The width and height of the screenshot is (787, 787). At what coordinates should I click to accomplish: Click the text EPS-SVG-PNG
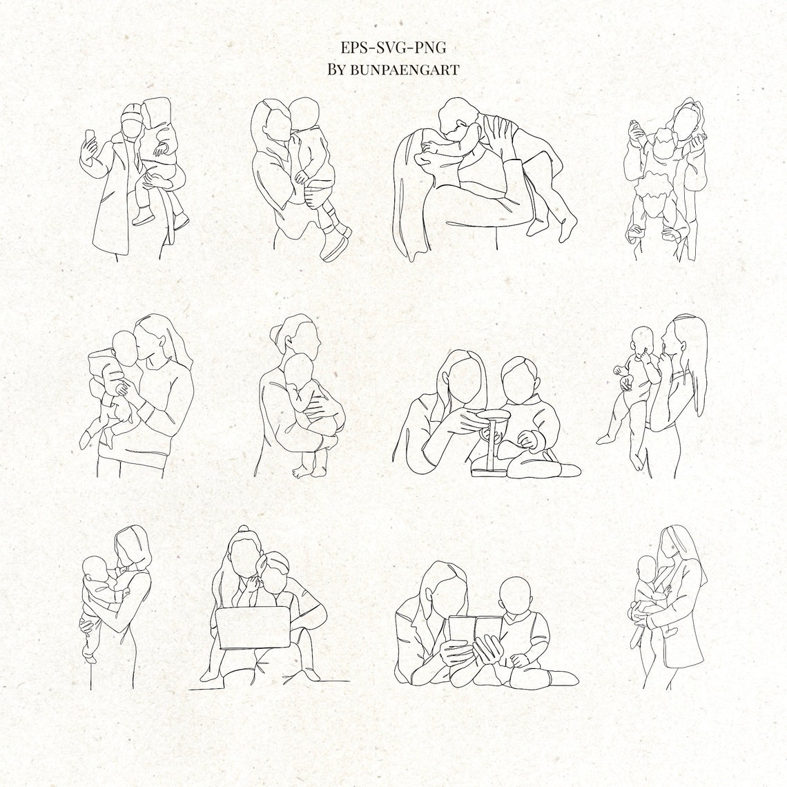pos(393,47)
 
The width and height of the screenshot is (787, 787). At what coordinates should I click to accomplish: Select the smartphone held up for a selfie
pos(88,136)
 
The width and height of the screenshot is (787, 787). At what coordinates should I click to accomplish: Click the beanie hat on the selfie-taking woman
pos(131,114)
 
